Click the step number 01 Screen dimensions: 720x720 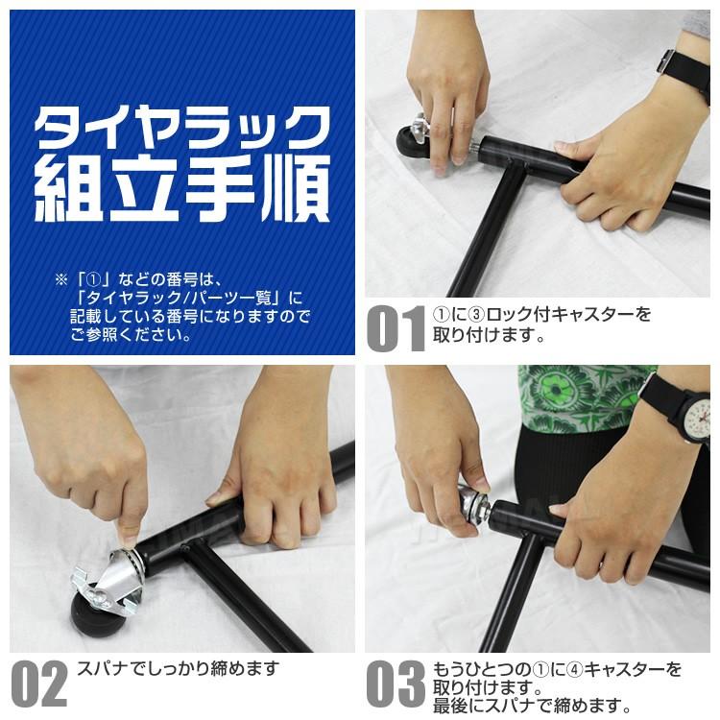tap(395, 328)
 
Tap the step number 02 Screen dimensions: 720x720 tap(39, 683)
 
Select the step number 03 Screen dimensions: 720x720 tap(395, 683)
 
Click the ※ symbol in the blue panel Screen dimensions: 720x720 tap(60, 279)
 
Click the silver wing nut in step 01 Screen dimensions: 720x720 tap(419, 124)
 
